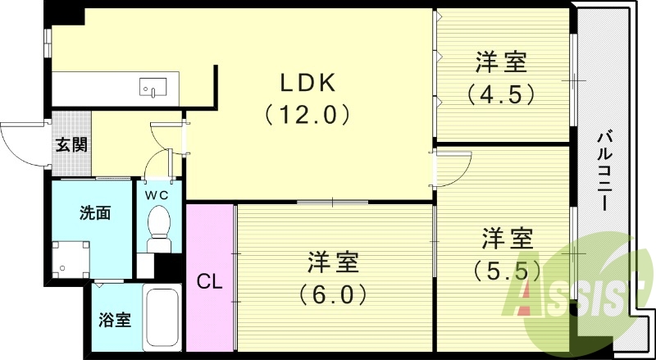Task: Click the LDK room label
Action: click(x=308, y=83)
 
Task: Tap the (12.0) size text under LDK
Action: click(x=308, y=114)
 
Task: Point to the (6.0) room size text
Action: click(x=333, y=293)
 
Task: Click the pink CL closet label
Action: click(x=210, y=281)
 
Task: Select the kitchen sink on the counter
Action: click(x=153, y=85)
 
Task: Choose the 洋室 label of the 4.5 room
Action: click(x=501, y=62)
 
